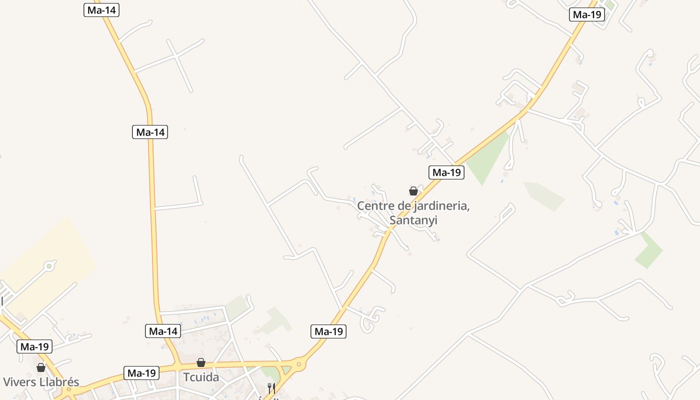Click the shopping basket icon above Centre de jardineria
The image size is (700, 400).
coord(413,191)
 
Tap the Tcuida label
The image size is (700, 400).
coord(201,377)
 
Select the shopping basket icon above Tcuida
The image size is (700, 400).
coord(201,362)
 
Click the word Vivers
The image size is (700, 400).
coord(19,382)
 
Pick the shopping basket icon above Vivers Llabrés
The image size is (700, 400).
coord(41,367)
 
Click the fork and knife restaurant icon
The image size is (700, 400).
coord(271,387)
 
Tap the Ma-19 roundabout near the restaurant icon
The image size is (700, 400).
coord(299,364)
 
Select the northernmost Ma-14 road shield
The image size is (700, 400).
coord(101,10)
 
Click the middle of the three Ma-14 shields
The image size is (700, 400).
coord(150,132)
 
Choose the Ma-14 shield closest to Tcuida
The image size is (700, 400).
coord(163,331)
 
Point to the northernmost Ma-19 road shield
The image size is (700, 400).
coord(587,14)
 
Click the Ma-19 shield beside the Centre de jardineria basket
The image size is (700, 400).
coord(446,172)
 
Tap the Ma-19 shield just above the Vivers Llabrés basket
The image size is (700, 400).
coord(34,346)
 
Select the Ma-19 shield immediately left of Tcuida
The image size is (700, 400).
coord(141,373)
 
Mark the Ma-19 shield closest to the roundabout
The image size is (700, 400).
coord(328,331)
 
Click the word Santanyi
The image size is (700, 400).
coord(413,220)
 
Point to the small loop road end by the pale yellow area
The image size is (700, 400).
coord(49,266)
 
